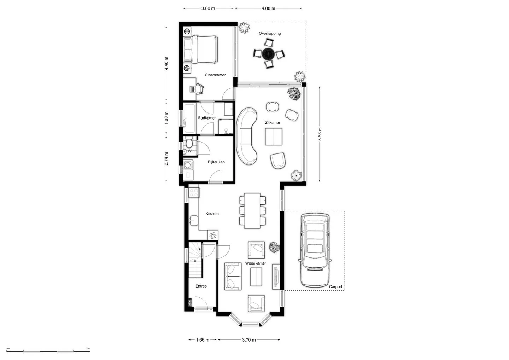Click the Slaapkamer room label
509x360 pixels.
(215, 75)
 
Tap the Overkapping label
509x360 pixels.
(270, 33)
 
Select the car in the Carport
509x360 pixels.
(315, 250)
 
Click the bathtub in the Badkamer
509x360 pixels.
(189, 118)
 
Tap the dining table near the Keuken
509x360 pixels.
(252, 211)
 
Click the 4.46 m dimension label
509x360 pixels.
(166, 63)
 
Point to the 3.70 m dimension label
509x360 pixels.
(249, 340)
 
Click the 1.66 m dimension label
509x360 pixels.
(203, 340)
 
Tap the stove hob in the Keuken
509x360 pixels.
(194, 193)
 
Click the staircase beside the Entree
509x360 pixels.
(195, 260)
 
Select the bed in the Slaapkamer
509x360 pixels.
(201, 49)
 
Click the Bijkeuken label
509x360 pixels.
(216, 162)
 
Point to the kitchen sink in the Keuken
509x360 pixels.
(194, 220)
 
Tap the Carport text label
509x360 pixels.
(335, 286)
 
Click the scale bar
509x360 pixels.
(48, 351)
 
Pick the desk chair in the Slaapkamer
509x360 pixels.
(199, 88)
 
